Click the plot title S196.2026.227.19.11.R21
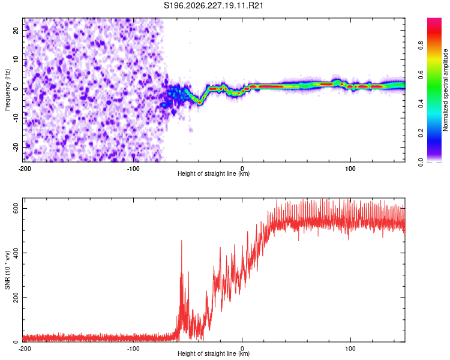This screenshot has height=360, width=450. (x=213, y=5)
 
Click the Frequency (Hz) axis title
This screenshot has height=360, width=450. (x=7, y=90)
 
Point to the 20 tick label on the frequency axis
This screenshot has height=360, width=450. (x=16, y=30)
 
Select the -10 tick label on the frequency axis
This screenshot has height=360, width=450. (x=16, y=118)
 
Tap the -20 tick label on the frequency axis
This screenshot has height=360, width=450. (x=16, y=147)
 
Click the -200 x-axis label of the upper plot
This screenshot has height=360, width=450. (x=25, y=169)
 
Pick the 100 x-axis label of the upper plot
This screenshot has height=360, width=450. (x=350, y=169)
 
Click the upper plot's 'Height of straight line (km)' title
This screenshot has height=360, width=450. (x=214, y=173)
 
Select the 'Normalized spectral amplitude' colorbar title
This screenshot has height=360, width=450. (x=445, y=90)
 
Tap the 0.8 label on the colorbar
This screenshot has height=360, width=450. (x=421, y=46)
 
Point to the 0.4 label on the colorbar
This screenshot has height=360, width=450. (x=421, y=104)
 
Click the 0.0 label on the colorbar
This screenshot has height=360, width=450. (x=421, y=163)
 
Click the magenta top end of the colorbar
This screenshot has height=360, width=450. (x=434, y=20)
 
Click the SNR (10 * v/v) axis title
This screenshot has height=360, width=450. (x=7, y=270)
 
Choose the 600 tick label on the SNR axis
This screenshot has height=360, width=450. (x=16, y=208)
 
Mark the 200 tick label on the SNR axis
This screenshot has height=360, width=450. (x=16, y=298)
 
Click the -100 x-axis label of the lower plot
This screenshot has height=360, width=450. (x=133, y=349)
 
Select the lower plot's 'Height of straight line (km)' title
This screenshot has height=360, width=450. (x=214, y=353)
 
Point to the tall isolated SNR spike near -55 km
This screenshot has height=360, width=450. (x=181, y=242)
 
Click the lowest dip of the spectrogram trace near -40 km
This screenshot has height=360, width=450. (x=199, y=103)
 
